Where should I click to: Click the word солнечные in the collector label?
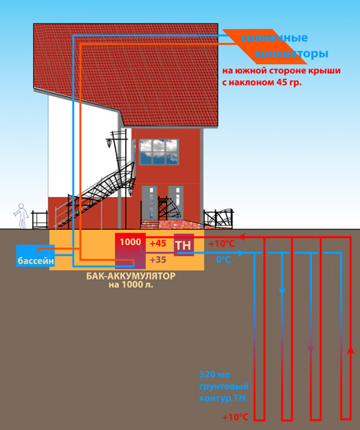pos(274,38)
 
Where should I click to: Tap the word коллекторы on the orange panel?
pos(291,53)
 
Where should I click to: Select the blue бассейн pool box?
pos(35,256)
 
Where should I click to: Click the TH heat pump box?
pos(184,245)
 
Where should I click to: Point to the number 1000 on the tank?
pos(130,242)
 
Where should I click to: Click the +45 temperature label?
pos(158,243)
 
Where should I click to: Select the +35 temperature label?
pos(158,259)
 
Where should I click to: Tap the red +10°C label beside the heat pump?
pos(221,243)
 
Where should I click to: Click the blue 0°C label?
pos(224,259)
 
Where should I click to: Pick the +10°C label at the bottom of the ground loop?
pos(236,417)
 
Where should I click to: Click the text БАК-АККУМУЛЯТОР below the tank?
pos(131,276)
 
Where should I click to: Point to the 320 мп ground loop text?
pos(214,374)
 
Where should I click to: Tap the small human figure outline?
pos(21,216)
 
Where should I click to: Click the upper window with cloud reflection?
pos(159,152)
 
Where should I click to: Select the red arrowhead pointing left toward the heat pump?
pos(242,237)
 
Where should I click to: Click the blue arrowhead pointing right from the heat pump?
pos(240,253)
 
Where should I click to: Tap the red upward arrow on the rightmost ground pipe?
pos(350,352)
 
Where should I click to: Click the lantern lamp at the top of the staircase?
pos(109,143)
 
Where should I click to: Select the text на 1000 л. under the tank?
pos(131,284)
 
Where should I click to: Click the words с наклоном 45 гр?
pos(262,82)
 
